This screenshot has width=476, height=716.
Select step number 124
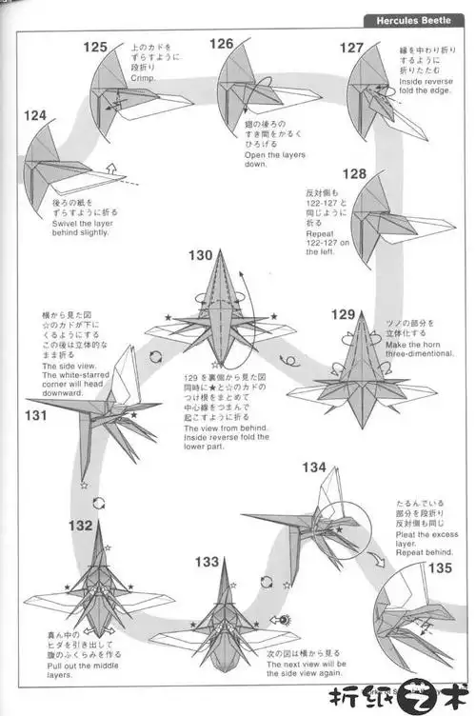click(x=35, y=115)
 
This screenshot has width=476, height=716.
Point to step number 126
click(x=222, y=44)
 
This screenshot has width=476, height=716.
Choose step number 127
click(x=351, y=48)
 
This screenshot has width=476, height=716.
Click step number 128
click(x=355, y=173)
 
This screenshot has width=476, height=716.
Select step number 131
click(x=35, y=415)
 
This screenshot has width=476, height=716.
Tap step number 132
click(x=81, y=525)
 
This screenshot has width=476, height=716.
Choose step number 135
click(x=440, y=568)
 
